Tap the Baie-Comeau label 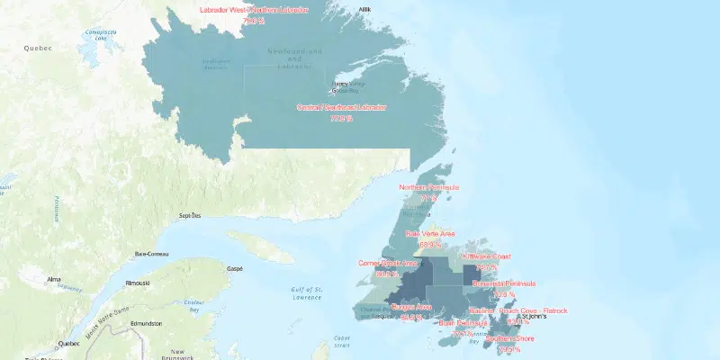click(154, 255)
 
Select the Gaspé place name click(235, 269)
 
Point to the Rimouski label click(138, 283)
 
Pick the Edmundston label click(148, 323)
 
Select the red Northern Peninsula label click(435, 187)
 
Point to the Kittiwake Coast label click(487, 256)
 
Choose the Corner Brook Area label click(388, 264)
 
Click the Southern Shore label click(509, 339)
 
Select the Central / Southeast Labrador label click(341, 107)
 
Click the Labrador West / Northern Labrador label click(253, 10)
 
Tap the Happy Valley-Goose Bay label click(346, 87)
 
